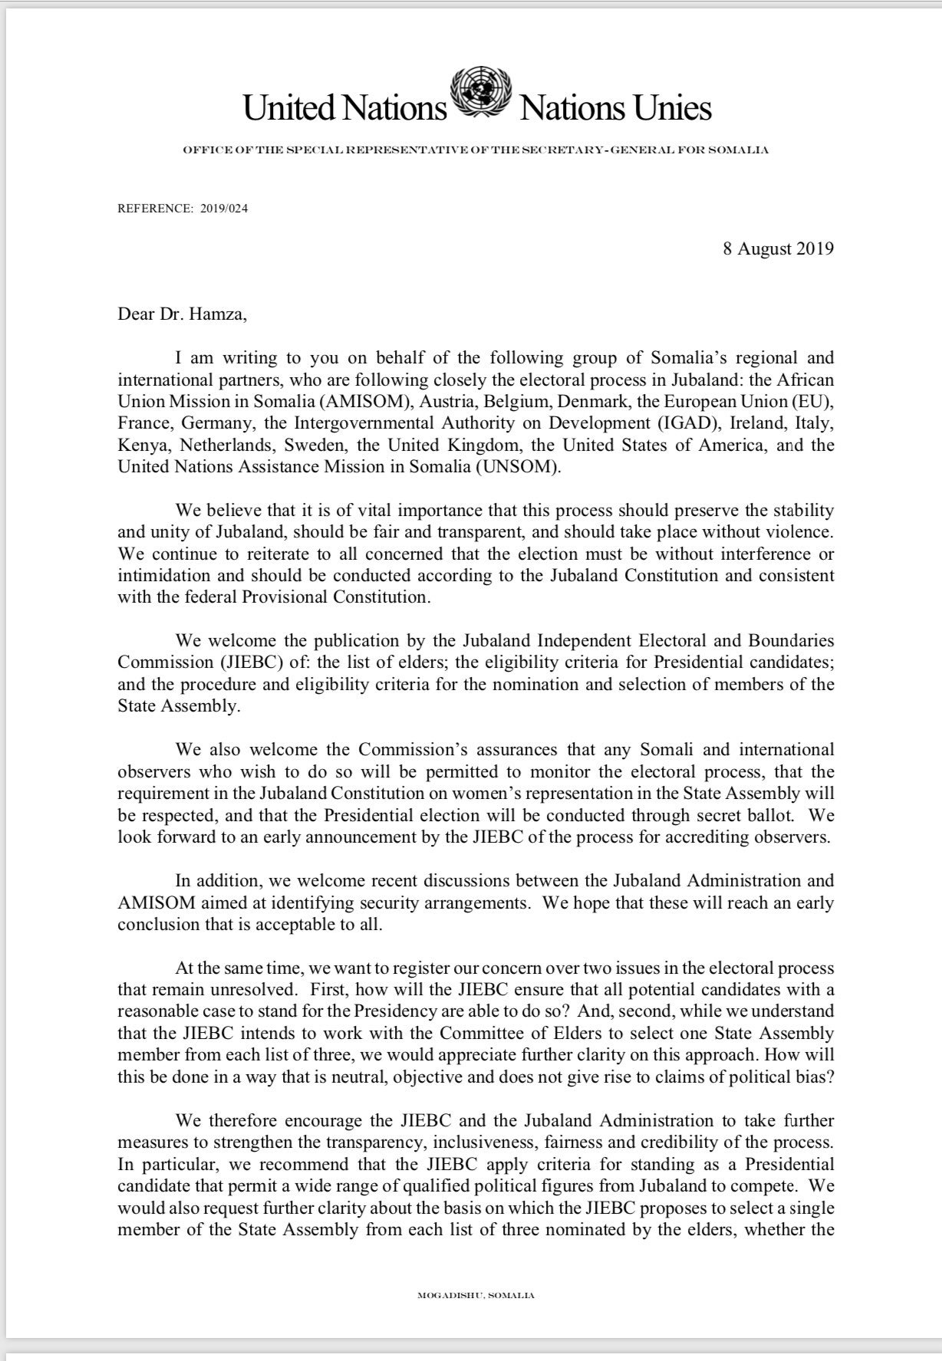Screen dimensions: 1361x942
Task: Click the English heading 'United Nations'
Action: (x=344, y=108)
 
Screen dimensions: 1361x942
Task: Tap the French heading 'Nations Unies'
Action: (x=616, y=108)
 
